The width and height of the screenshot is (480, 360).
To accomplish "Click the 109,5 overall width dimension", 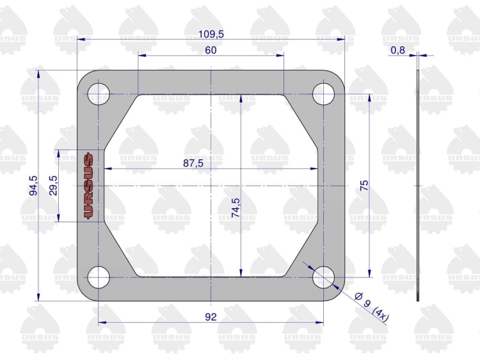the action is (211, 34).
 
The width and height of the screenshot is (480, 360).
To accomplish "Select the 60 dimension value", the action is (211, 50).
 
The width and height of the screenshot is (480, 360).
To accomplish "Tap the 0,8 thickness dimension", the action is (397, 50).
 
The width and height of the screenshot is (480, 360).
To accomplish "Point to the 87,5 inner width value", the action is (193, 163).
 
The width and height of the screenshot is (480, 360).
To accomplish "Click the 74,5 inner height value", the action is (236, 208).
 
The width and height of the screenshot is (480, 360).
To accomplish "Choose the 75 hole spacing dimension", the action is (364, 186).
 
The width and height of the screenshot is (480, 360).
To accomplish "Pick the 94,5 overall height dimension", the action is (33, 185).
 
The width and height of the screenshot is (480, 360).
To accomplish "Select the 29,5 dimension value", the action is (53, 185).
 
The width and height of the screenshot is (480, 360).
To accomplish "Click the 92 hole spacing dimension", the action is (211, 317).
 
